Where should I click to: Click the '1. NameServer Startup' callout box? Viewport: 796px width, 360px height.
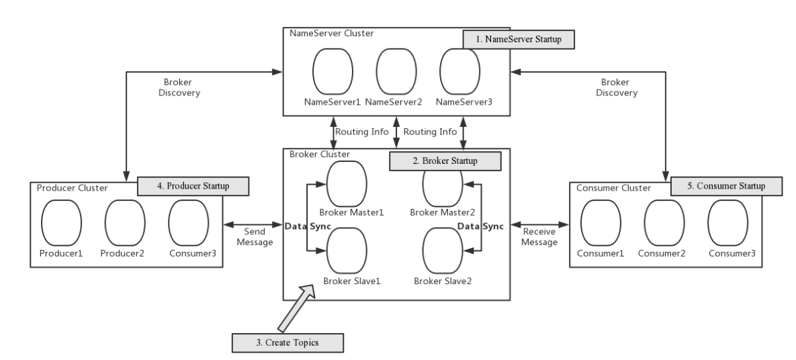518,40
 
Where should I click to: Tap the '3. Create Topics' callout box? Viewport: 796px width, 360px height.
287,342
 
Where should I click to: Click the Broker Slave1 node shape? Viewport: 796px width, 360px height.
347,249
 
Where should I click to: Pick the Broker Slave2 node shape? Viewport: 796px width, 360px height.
442,249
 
